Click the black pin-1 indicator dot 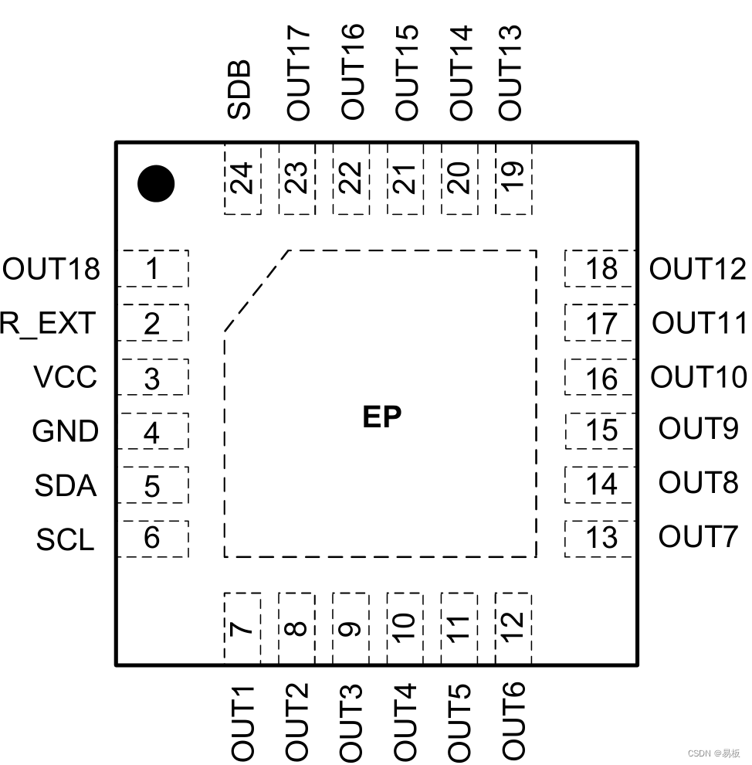point(156,184)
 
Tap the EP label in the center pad point(382,417)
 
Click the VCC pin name point(66,378)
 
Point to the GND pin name point(66,431)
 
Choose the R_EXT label point(48,323)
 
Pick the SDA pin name point(66,486)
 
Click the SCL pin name point(65,539)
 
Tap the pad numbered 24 point(242,178)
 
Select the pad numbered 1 point(153,269)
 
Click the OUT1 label point(242,720)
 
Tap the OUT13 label point(510,72)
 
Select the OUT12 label point(698,269)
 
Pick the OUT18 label point(52,270)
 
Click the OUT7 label point(698,536)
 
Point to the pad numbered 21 point(405,178)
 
